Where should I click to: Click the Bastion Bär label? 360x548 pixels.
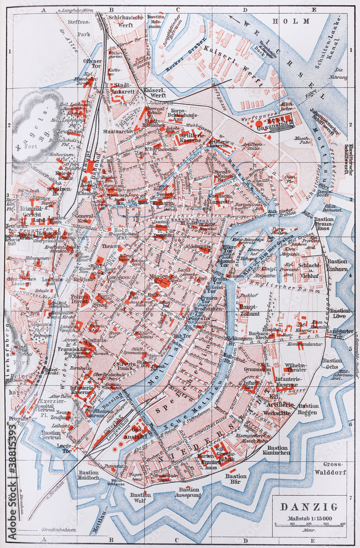coord(236,480)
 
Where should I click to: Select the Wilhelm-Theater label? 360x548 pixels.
coord(296,367)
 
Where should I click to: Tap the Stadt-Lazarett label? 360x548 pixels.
coord(123,89)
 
